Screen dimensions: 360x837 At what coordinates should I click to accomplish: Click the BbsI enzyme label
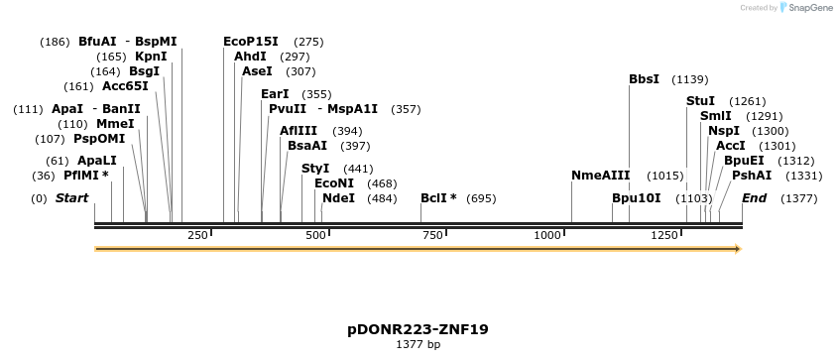pyautogui.click(x=644, y=79)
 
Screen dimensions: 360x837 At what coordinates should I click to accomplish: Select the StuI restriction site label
pyautogui.click(x=700, y=101)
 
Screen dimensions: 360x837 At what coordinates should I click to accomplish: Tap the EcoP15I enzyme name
pyautogui.click(x=251, y=42)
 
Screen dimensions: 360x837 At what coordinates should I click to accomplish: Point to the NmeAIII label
pyautogui.click(x=600, y=176)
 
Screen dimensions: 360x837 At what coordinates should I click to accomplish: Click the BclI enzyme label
pyautogui.click(x=434, y=198)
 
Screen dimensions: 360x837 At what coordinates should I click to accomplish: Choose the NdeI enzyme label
pyautogui.click(x=338, y=198)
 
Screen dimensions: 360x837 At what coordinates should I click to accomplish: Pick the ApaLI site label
pyautogui.click(x=97, y=161)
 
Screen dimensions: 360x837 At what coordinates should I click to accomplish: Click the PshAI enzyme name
pyautogui.click(x=751, y=176)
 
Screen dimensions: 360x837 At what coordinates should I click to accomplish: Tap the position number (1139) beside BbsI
pyautogui.click(x=690, y=79)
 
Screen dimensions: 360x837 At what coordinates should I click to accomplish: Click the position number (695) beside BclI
pyautogui.click(x=481, y=198)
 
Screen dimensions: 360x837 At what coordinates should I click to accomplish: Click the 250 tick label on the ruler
pyautogui.click(x=197, y=235)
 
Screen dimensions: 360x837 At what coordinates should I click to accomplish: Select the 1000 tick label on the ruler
pyautogui.click(x=547, y=235)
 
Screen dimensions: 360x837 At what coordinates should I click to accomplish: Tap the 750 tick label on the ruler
pyautogui.click(x=432, y=235)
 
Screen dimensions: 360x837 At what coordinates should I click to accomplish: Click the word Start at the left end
pyautogui.click(x=71, y=198)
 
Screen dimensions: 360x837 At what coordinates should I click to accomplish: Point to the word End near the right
pyautogui.click(x=754, y=198)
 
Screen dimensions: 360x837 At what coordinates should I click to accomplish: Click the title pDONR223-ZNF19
pyautogui.click(x=418, y=329)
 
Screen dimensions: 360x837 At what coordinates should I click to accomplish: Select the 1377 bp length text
pyautogui.click(x=418, y=345)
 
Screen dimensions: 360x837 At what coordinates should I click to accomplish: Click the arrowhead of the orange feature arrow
pyautogui.click(x=737, y=249)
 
